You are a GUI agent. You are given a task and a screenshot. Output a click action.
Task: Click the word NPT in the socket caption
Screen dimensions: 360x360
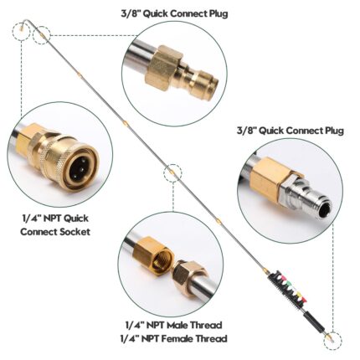51,219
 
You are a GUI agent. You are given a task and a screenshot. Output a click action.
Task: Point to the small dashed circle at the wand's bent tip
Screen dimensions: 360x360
21,31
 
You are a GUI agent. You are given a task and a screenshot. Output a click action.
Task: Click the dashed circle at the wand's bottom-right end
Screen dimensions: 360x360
333,341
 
